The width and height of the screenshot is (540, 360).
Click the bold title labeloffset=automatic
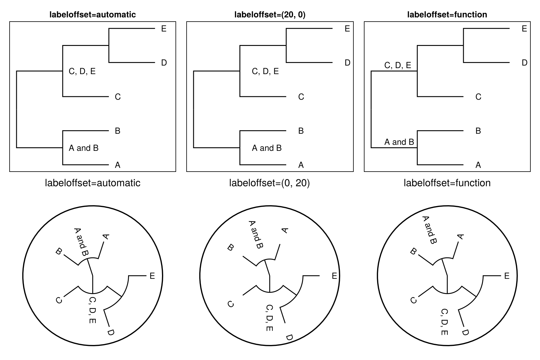click(x=92, y=14)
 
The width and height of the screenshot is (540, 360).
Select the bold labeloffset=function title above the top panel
click(x=447, y=14)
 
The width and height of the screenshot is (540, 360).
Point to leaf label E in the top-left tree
click(x=164, y=28)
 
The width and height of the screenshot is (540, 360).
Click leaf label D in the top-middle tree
click(x=347, y=63)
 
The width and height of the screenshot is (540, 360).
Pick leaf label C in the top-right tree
click(x=478, y=97)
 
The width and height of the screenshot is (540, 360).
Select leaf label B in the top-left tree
click(x=118, y=131)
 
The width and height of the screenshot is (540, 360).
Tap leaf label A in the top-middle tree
click(x=301, y=165)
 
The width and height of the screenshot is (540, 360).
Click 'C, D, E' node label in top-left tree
click(x=82, y=71)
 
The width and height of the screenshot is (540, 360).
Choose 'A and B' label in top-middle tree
click(x=267, y=148)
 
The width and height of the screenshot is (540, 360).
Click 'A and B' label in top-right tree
click(x=399, y=142)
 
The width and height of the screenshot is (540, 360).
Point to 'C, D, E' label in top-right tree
click(x=397, y=65)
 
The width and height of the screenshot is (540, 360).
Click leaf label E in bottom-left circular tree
click(x=152, y=276)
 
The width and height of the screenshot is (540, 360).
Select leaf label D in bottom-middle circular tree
click(x=289, y=337)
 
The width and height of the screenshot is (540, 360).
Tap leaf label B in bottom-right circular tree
click(x=413, y=251)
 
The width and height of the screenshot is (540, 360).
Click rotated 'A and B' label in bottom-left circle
click(x=81, y=242)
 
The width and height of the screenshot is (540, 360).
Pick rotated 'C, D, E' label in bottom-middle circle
click(x=269, y=318)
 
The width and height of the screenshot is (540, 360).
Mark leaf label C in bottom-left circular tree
click(x=59, y=300)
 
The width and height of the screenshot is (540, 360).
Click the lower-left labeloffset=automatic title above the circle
click(x=92, y=183)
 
